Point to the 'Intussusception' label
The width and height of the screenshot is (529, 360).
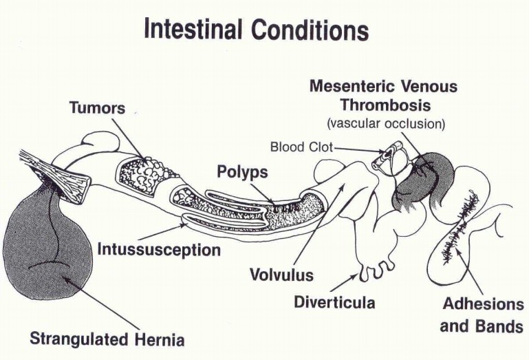click(x=158, y=248)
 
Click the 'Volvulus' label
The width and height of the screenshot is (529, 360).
click(x=281, y=275)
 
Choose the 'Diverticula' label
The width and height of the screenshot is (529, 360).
click(x=334, y=301)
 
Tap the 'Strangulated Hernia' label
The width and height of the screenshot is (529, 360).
click(x=107, y=339)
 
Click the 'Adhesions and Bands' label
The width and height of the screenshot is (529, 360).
click(x=482, y=315)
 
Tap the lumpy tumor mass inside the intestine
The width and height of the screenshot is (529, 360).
click(x=142, y=173)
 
